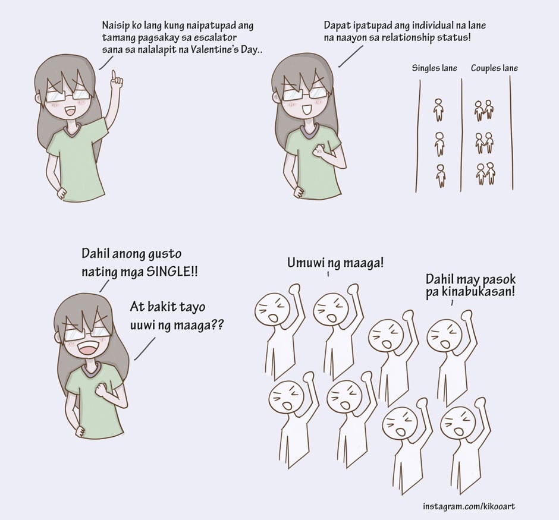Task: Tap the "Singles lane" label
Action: pos(434,68)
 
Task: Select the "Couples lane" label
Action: pos(494,68)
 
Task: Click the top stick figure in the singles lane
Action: pos(438,110)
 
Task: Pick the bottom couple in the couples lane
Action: pos(485,174)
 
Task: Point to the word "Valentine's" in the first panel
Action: pos(214,49)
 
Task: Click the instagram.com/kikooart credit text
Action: pos(469,506)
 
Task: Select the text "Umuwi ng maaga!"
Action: pos(335,263)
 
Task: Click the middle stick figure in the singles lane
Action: pos(439,144)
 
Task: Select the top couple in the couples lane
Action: pos(485,111)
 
